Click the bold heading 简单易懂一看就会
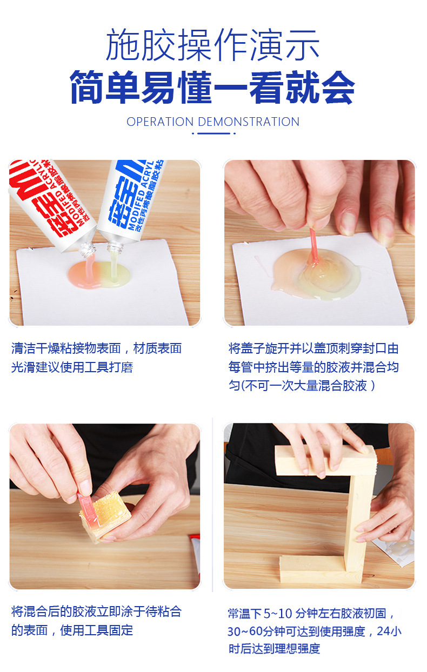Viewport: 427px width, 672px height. click(x=213, y=88)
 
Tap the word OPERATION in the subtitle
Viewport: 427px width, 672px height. click(x=161, y=122)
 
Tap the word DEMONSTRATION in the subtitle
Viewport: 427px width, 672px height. click(x=249, y=122)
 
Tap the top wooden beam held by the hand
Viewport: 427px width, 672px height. click(x=324, y=459)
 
